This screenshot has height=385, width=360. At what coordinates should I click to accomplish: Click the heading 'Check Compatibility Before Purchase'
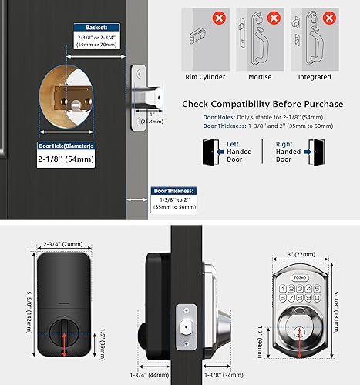(x=261, y=104)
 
